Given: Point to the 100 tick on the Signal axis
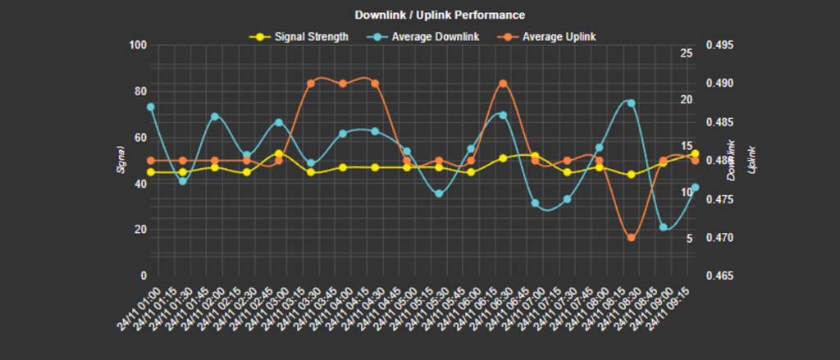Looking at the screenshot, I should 138,45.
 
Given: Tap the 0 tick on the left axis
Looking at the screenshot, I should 143,276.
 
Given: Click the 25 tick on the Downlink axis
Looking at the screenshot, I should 687,53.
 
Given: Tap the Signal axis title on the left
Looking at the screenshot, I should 121,160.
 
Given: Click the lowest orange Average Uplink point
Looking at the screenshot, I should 631,238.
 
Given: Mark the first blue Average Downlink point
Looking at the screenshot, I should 151,107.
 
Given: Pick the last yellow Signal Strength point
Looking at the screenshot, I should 695,154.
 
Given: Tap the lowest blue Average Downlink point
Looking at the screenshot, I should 663,227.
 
